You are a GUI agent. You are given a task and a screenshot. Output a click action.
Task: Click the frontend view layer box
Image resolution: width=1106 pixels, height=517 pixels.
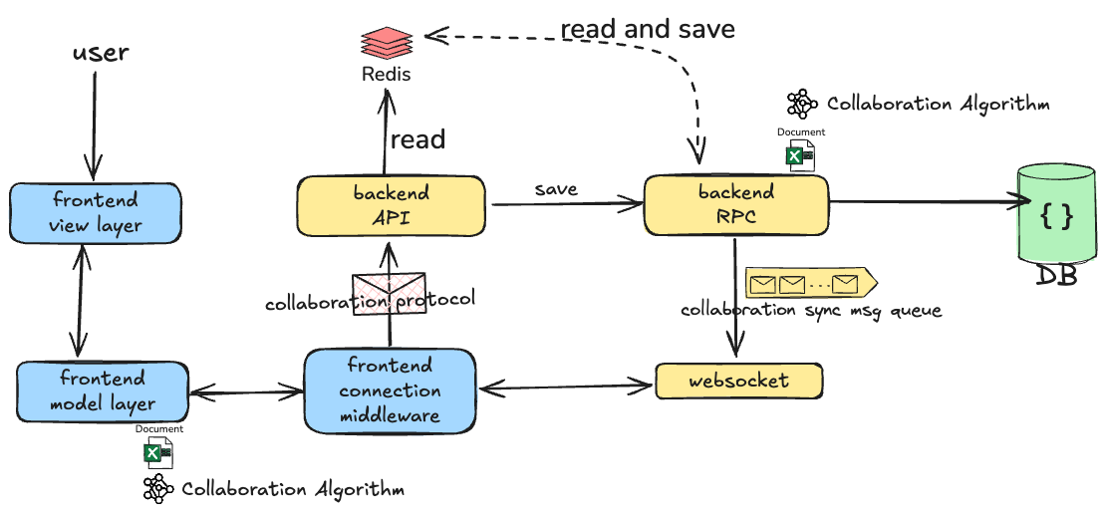(95, 214)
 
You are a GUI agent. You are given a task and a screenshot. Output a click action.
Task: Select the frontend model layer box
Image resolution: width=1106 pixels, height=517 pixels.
(103, 390)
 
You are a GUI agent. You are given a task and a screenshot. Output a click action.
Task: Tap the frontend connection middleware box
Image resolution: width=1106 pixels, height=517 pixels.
(390, 390)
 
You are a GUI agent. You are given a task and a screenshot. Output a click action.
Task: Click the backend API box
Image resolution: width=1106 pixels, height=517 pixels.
(391, 205)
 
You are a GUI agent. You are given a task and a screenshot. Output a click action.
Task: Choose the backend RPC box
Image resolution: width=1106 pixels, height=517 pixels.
(735, 204)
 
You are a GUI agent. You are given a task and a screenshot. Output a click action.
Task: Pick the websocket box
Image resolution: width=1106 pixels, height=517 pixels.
(739, 381)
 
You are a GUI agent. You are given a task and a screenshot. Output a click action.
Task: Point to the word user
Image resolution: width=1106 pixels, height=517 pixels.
(101, 52)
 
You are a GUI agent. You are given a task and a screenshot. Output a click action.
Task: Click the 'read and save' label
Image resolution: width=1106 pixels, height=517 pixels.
(648, 29)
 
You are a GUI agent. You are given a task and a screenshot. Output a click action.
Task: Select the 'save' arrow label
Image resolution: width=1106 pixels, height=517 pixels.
(556, 189)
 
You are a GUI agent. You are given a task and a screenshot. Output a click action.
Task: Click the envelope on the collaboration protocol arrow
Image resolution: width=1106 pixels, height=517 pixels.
(389, 293)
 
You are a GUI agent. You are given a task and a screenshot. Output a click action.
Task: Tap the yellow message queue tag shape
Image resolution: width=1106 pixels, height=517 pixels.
(811, 284)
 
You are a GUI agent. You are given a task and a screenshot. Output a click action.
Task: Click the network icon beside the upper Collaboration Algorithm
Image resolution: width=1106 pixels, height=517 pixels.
(802, 104)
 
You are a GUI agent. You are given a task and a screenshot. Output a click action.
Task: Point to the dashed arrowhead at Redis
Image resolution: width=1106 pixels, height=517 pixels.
(433, 34)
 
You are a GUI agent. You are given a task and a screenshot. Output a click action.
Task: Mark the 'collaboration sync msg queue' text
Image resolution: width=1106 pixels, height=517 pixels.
(811, 311)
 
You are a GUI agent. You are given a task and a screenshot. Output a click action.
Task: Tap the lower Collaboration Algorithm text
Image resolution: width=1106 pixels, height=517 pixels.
(293, 489)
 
